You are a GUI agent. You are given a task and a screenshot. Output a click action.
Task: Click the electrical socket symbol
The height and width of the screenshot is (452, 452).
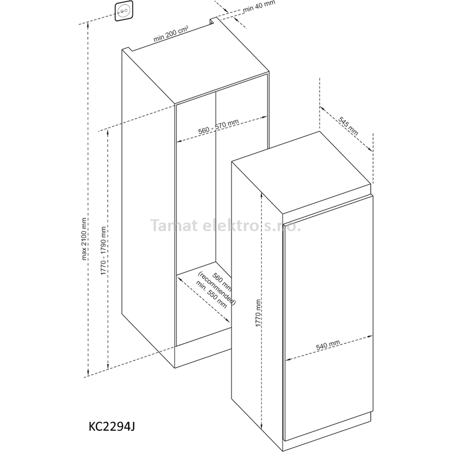[x=124, y=11]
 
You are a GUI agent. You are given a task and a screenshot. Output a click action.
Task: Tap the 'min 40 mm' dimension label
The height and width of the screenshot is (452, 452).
[x=259, y=6]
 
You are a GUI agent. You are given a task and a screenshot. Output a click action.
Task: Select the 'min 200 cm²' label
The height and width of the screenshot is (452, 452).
[x=170, y=34]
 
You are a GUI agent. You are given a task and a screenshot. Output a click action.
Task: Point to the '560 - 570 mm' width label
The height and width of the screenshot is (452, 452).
[x=218, y=127]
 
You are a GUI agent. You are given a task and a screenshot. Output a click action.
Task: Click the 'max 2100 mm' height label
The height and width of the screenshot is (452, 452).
[x=84, y=239]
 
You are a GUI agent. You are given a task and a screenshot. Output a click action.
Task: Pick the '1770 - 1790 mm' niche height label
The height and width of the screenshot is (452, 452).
[x=103, y=251]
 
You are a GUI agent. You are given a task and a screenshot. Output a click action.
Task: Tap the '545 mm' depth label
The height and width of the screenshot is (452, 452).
[x=348, y=126]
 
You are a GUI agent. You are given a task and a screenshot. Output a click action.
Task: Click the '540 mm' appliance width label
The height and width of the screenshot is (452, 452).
[x=328, y=345]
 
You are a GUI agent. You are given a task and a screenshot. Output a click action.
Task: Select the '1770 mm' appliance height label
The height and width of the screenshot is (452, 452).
[x=258, y=313]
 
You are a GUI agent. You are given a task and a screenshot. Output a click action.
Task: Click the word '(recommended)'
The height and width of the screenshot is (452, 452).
[x=217, y=288]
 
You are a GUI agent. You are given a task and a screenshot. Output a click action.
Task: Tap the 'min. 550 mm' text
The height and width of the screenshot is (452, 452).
[x=211, y=294]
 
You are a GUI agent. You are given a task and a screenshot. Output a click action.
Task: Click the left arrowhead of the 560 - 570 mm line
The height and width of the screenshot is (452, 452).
[x=179, y=141]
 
